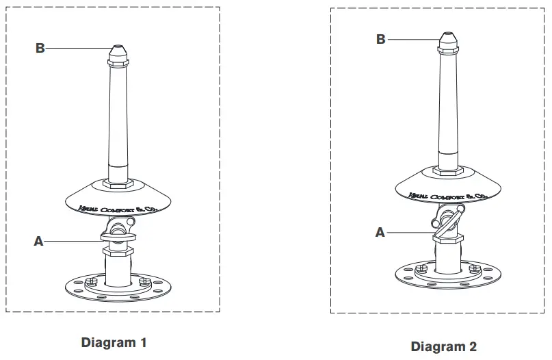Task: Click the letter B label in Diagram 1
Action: click(40, 48)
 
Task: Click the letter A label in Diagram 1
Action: click(39, 241)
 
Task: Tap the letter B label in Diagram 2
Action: click(380, 39)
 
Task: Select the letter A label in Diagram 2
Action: click(380, 232)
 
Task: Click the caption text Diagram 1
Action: click(114, 342)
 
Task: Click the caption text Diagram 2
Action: click(443, 346)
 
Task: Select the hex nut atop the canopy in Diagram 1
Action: click(117, 183)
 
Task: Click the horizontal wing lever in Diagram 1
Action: click(118, 235)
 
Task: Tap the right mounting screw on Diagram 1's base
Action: click(144, 281)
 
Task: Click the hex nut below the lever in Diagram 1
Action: click(117, 252)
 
